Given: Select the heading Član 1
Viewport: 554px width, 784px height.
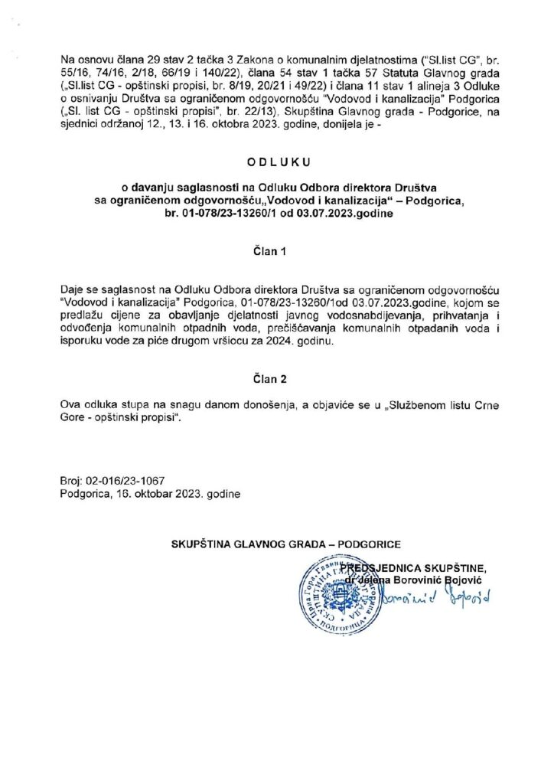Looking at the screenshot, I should (277, 250).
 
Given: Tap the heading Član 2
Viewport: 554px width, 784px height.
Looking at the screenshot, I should (277, 378).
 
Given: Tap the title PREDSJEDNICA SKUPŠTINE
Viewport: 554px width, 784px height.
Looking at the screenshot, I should (414, 567).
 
